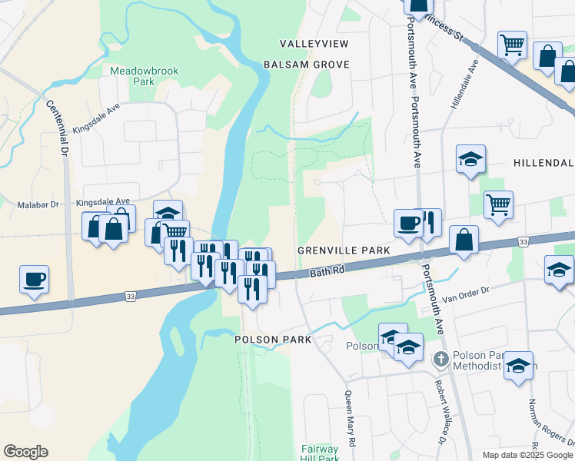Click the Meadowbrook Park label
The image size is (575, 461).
[x=144, y=75]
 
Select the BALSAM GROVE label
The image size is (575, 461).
[x=307, y=65]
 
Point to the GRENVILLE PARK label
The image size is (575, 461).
[x=344, y=251]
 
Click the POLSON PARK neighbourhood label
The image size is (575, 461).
[x=273, y=340]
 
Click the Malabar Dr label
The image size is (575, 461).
[x=38, y=205]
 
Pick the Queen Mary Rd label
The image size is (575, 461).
[x=351, y=420]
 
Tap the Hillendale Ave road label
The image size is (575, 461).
[x=465, y=83]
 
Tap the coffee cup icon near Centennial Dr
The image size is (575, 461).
[x=35, y=280]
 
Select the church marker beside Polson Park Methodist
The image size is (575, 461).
[x=441, y=359]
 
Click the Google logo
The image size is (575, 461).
[x=25, y=452]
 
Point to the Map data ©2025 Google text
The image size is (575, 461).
[x=527, y=455]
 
